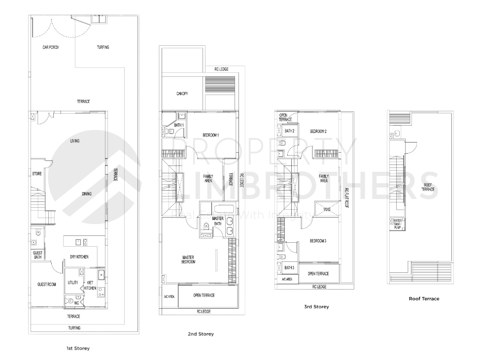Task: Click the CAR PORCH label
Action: point(51,47)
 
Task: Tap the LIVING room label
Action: point(75,141)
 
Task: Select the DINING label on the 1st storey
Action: point(87,194)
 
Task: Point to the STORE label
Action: point(37,174)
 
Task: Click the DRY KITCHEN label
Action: point(79,257)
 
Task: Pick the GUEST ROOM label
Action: point(47,284)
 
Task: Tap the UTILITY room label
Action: point(73,282)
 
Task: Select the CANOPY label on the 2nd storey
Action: point(182,94)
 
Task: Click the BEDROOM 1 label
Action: point(211,134)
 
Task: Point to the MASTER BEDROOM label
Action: point(188,260)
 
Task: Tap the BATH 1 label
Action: point(179,125)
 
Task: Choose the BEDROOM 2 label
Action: point(318,131)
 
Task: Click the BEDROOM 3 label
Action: point(318,241)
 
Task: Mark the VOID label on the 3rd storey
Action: point(327,209)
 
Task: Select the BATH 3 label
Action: point(289,267)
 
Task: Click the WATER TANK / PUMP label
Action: point(397,224)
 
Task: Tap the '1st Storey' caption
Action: point(78,348)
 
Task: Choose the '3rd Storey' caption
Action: point(316,307)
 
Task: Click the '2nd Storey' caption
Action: point(201,334)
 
